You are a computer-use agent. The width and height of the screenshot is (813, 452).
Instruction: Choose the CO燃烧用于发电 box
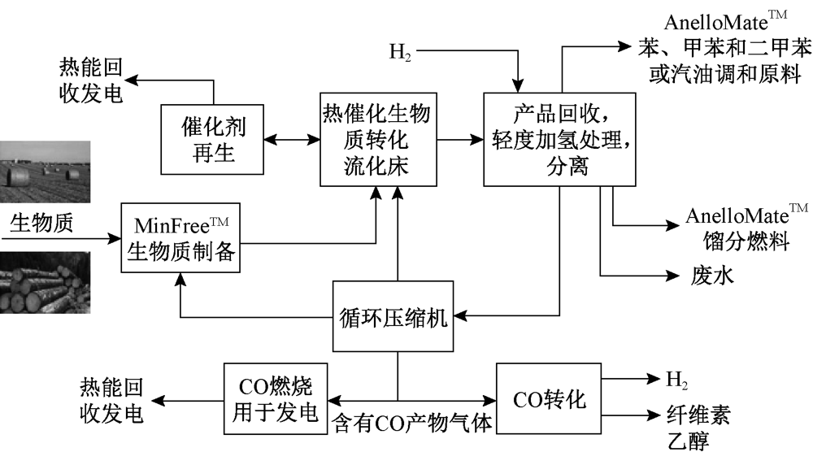click(275, 398)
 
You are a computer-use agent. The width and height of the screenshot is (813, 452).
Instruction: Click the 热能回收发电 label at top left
click(91, 80)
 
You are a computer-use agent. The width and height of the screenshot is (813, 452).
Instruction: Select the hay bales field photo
click(45, 172)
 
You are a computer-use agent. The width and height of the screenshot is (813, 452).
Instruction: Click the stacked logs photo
click(45, 281)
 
